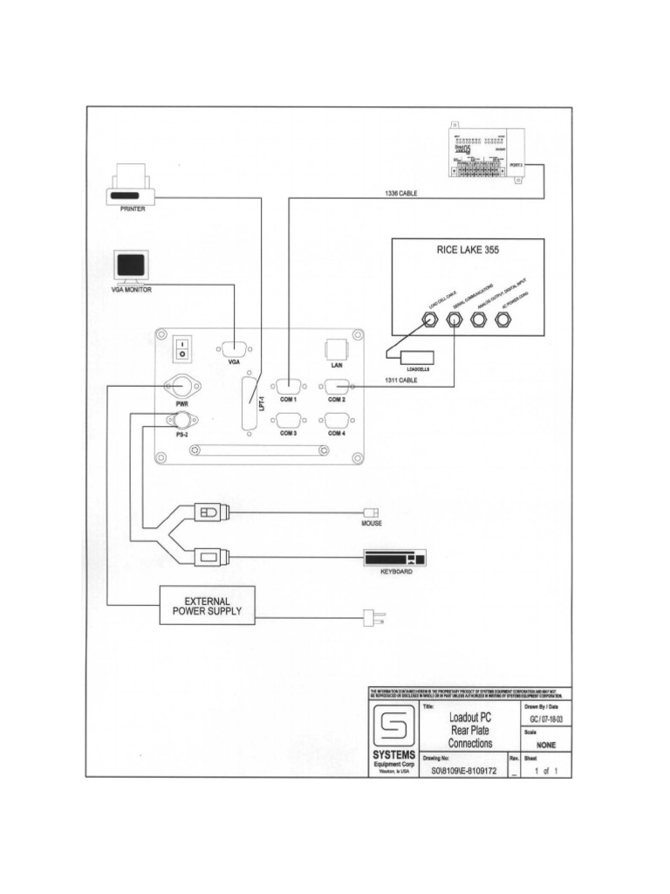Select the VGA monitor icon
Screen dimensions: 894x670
pyautogui.click(x=132, y=266)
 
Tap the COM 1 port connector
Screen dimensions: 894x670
pyautogui.click(x=287, y=385)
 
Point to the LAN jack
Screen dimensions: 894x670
pyautogui.click(x=336, y=349)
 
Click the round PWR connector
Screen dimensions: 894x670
pyautogui.click(x=181, y=386)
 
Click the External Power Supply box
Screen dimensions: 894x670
pyautogui.click(x=207, y=605)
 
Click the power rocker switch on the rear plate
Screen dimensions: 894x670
pyautogui.click(x=181, y=349)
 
